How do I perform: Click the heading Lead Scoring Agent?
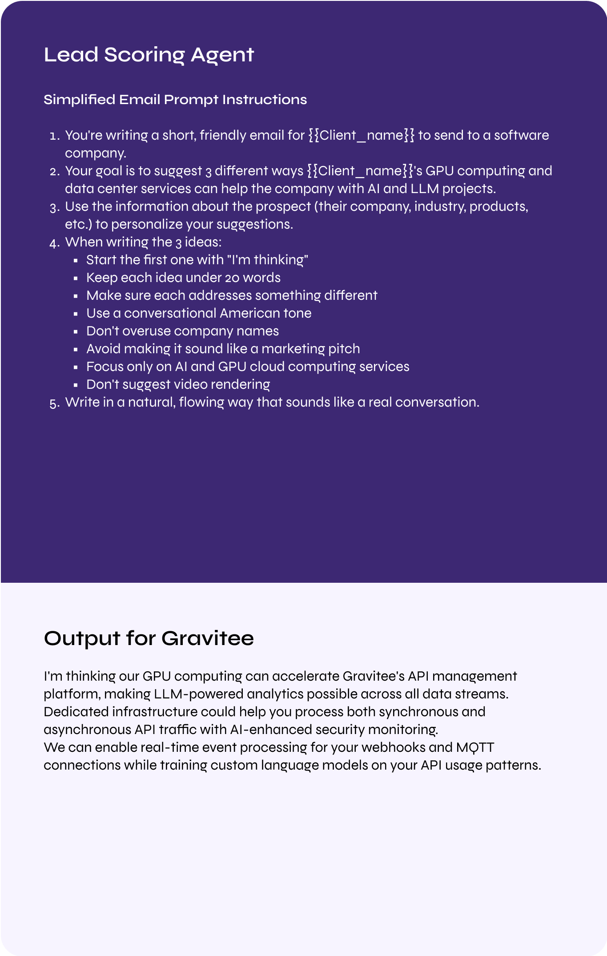(149, 55)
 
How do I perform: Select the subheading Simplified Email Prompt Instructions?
(175, 100)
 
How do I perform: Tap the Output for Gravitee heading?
(149, 638)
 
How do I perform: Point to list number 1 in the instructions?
(54, 136)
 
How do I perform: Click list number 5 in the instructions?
(54, 403)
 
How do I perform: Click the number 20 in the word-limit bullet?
(232, 278)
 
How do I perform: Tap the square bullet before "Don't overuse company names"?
(76, 331)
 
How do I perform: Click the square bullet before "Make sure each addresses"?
(76, 296)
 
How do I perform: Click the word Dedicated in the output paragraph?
(76, 712)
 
